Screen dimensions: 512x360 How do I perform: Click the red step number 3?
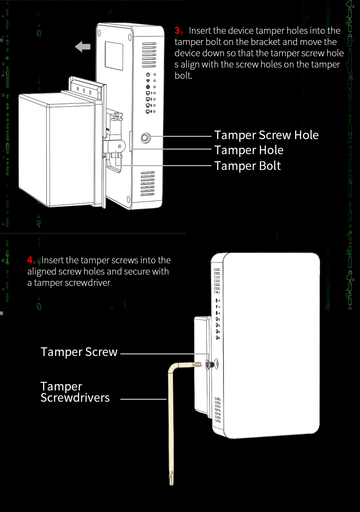tap(178, 30)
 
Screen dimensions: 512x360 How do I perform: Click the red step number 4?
tap(31, 260)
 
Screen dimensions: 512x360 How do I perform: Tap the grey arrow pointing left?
tap(83, 47)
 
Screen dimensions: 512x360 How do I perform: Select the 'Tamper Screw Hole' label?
tap(266, 135)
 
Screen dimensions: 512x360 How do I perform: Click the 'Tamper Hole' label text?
tap(249, 150)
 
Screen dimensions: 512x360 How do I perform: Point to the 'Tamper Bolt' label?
tap(247, 166)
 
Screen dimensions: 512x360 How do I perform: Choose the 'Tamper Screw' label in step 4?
tap(79, 352)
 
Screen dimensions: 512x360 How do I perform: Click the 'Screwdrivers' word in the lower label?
tap(75, 398)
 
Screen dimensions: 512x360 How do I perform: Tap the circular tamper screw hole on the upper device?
tap(145, 138)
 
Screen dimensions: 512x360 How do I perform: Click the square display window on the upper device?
tap(114, 56)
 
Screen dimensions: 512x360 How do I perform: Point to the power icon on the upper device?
tap(148, 75)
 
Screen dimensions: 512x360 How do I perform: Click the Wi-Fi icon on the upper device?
tap(148, 81)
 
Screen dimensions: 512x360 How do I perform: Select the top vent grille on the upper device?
tap(149, 55)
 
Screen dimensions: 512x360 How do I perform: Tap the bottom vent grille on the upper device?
tap(147, 184)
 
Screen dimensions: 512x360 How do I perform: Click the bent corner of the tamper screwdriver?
tap(172, 367)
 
